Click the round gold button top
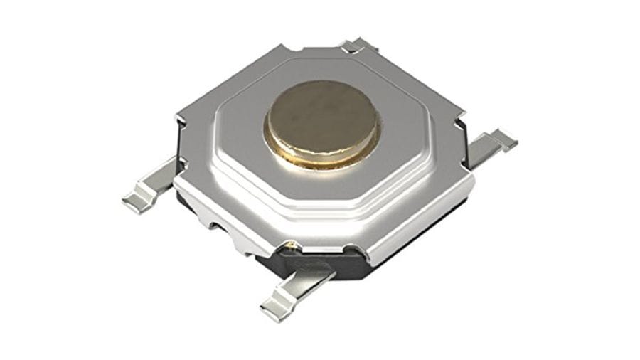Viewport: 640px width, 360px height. pyautogui.click(x=322, y=117)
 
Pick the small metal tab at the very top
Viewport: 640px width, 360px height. pyautogui.click(x=354, y=47)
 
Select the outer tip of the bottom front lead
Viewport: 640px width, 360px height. pyautogui.click(x=271, y=309)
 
